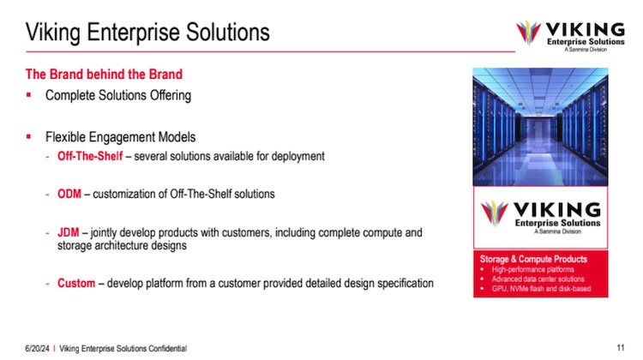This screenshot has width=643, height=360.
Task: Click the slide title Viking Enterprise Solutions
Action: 147,33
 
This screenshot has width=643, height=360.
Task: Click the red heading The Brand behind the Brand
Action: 104,75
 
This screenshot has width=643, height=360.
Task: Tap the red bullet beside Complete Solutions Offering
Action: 28,95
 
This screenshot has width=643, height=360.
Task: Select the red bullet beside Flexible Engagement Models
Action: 28,136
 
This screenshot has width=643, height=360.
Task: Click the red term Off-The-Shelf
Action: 90,156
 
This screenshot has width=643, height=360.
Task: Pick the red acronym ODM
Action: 69,194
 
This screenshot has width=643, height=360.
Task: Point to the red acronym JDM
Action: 68,232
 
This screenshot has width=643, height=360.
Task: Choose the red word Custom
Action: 76,284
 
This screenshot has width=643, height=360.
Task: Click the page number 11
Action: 621,348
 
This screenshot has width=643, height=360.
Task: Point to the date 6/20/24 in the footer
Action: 37,349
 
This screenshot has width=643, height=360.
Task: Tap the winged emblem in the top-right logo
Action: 528,33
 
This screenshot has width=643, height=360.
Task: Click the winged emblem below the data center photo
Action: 494,213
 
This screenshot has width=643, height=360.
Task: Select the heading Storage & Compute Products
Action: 533,259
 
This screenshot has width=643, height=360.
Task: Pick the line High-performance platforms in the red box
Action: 532,269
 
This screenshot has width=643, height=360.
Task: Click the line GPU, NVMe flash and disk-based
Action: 541,289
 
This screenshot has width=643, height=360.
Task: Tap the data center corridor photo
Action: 540,127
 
